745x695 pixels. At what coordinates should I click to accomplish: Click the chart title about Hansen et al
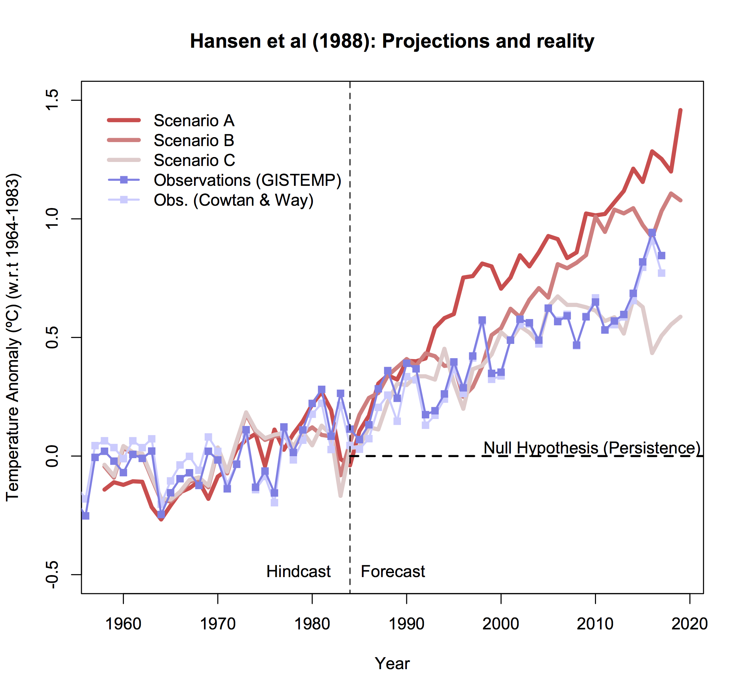coord(392,41)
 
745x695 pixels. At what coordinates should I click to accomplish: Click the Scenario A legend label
coord(194,121)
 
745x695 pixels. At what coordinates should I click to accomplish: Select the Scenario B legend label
coord(194,140)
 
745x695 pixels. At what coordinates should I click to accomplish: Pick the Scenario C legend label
coord(194,160)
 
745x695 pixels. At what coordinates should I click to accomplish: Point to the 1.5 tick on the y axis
coord(52,100)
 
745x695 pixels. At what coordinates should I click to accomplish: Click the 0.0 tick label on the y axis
coord(52,456)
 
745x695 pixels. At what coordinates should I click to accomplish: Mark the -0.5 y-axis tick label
coord(52,575)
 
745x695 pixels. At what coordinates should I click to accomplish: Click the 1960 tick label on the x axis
coord(123,624)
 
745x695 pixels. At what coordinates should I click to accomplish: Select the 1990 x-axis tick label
coord(406,624)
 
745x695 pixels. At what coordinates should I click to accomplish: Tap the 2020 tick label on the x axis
coord(689,624)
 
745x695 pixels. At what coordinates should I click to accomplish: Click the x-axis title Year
coord(392,664)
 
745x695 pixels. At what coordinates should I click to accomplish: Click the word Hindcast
coord(298,572)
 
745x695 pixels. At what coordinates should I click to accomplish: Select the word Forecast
coord(393,572)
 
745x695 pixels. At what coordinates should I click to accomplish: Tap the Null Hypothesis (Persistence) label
coord(592,448)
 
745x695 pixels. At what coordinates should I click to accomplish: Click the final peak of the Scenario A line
coord(680,110)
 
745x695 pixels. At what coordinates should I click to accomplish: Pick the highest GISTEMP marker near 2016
coord(652,233)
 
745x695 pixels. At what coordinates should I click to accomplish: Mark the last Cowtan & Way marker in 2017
coord(662,273)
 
